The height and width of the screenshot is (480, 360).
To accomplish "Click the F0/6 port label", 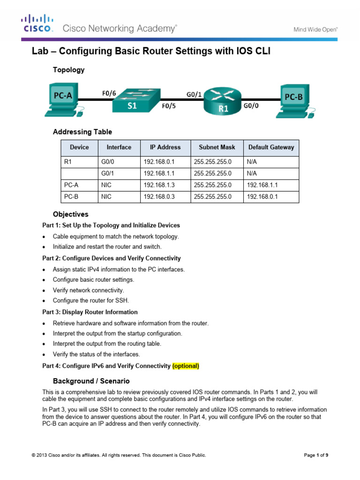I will coord(109,93).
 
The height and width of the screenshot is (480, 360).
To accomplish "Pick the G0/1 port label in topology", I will coord(194,94).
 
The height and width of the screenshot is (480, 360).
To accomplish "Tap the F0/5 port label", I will coord(169,106).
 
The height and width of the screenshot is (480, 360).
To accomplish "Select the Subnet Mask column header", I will coord(217,147).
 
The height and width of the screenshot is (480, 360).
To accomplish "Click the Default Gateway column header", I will coord(271,147).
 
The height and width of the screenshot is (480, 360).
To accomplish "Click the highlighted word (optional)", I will coord(186,366).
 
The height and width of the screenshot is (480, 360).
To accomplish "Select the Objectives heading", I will coord(70,214).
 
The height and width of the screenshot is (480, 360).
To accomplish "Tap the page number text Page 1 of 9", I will coord(316,455).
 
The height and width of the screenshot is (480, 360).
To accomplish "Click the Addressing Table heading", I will coord(82,132).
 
